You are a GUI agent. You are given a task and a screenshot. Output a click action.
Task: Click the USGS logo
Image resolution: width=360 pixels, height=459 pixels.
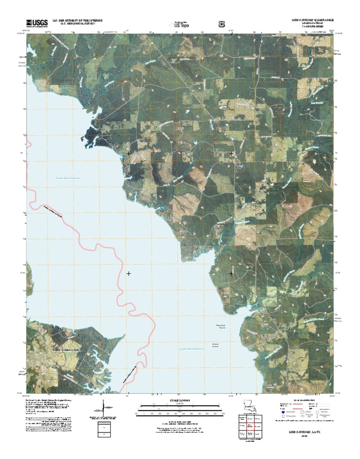37,22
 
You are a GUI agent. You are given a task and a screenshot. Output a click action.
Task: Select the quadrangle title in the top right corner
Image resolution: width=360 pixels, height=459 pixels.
307,21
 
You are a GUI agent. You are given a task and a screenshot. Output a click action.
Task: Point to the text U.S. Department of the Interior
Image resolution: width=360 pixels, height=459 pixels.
77,21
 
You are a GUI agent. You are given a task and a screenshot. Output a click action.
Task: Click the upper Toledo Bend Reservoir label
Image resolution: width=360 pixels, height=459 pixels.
65,178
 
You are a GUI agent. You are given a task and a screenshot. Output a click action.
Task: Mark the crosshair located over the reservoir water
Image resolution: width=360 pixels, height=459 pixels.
128,273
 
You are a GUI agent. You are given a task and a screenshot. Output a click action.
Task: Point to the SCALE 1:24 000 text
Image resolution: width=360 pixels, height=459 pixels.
180,401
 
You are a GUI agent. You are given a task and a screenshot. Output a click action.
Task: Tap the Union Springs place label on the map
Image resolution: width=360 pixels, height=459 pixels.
240,166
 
